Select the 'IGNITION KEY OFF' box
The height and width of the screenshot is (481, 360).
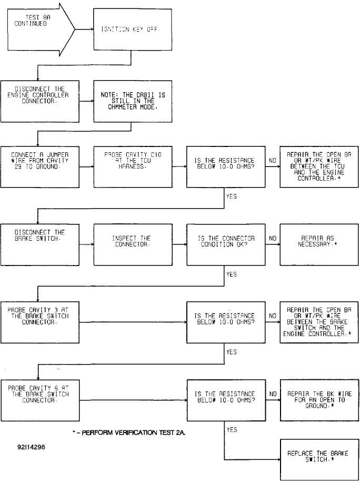click(x=132, y=30)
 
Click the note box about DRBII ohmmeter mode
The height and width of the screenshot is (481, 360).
click(x=132, y=101)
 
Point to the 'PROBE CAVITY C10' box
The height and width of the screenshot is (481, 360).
click(x=132, y=167)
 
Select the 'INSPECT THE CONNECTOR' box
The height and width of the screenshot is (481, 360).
click(x=132, y=244)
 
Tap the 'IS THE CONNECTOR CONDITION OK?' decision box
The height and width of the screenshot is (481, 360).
click(x=226, y=244)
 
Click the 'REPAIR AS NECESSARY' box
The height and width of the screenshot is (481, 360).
click(x=319, y=244)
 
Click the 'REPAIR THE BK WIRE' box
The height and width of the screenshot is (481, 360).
click(x=319, y=400)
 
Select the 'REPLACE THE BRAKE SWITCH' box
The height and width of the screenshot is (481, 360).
click(x=319, y=460)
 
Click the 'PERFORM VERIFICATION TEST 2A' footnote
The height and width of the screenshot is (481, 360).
click(x=129, y=433)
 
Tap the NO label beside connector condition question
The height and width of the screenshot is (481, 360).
click(x=273, y=238)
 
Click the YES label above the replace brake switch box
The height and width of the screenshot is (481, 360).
click(x=232, y=430)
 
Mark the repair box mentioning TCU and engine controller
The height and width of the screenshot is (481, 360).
click(x=319, y=167)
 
